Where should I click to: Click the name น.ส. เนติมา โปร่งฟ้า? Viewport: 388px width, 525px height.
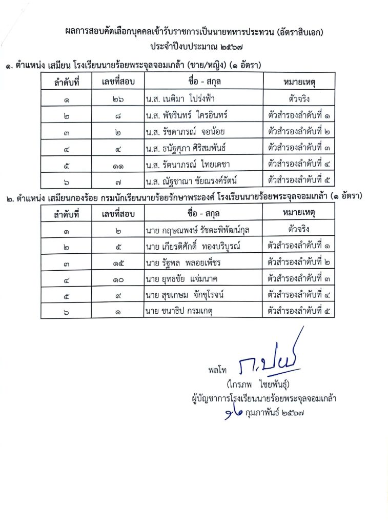(x=182, y=97)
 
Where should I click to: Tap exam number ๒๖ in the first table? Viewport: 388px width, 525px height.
(x=117, y=98)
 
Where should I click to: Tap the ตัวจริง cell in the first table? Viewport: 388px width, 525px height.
(x=298, y=97)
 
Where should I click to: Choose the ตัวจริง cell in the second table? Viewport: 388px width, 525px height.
(x=298, y=230)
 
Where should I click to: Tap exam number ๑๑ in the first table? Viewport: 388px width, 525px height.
(x=117, y=165)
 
